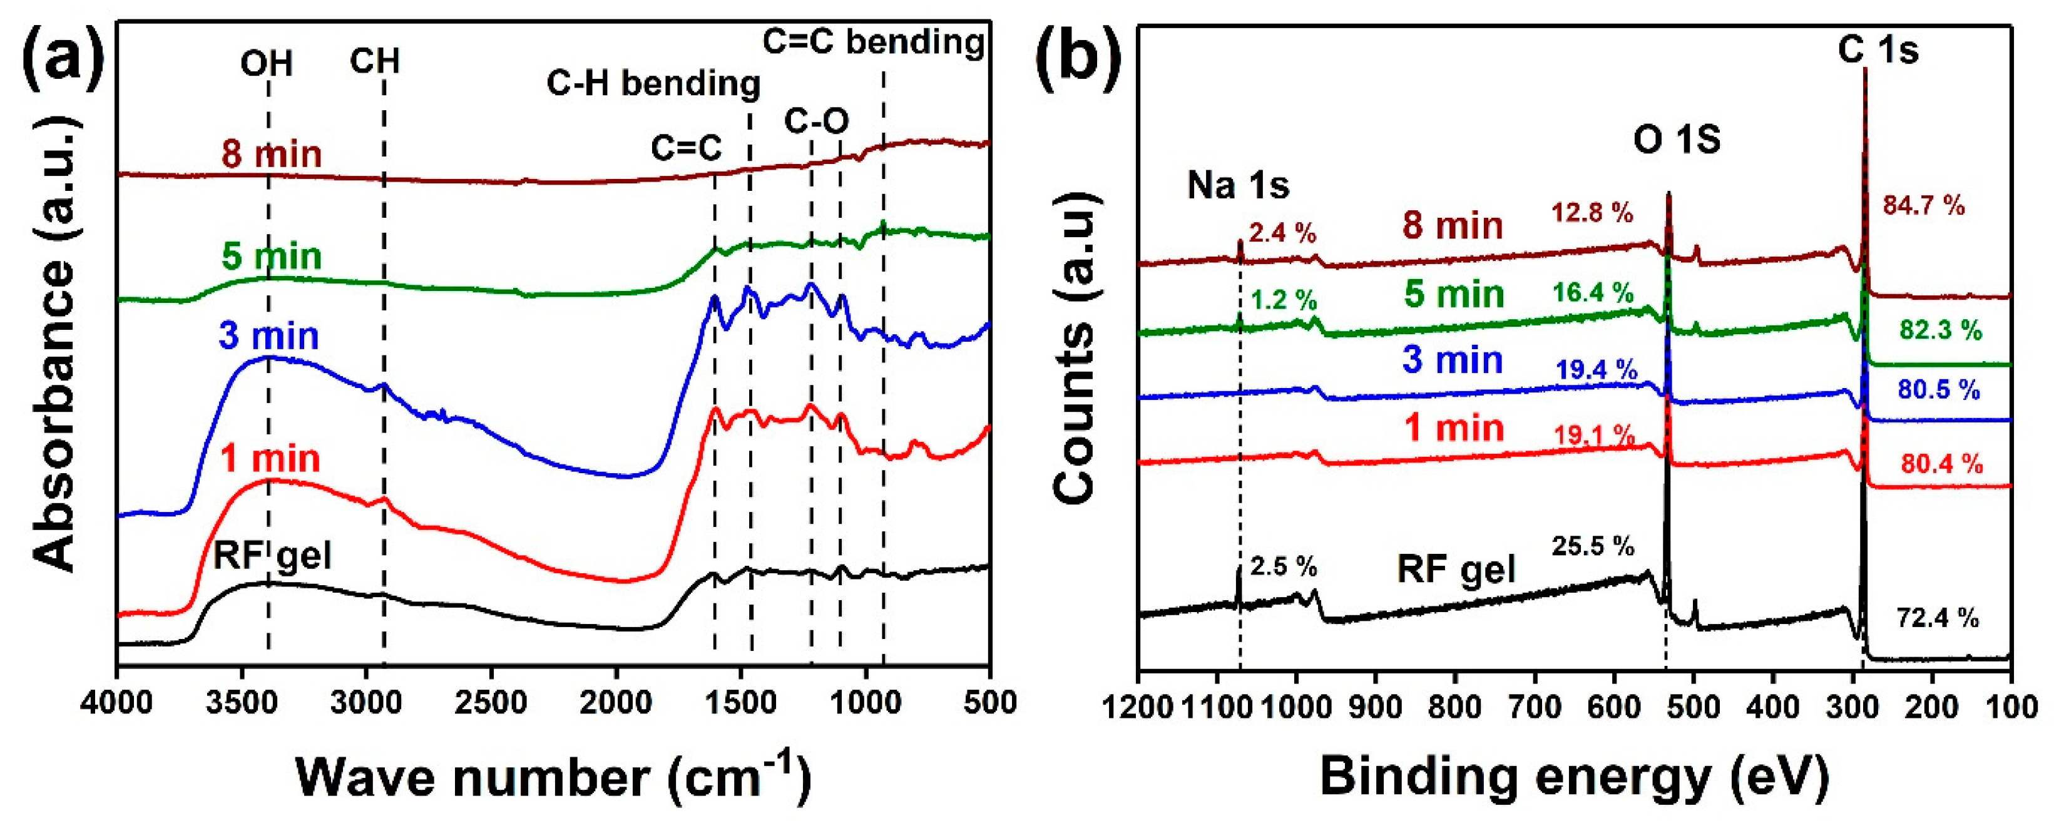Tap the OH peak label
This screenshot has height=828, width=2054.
(267, 64)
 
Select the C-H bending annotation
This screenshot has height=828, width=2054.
(653, 83)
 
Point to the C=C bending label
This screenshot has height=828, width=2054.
(873, 41)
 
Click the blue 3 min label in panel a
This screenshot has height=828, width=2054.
(268, 336)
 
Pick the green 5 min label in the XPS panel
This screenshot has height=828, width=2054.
(1454, 294)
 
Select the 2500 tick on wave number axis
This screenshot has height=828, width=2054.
(491, 703)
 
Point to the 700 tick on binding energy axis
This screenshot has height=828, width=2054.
(1535, 706)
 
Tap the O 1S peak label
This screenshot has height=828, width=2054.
(1676, 140)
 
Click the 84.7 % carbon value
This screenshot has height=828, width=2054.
(1923, 206)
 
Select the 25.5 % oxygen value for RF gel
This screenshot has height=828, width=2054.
(1592, 546)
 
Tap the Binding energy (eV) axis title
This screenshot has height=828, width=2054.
(1573, 775)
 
